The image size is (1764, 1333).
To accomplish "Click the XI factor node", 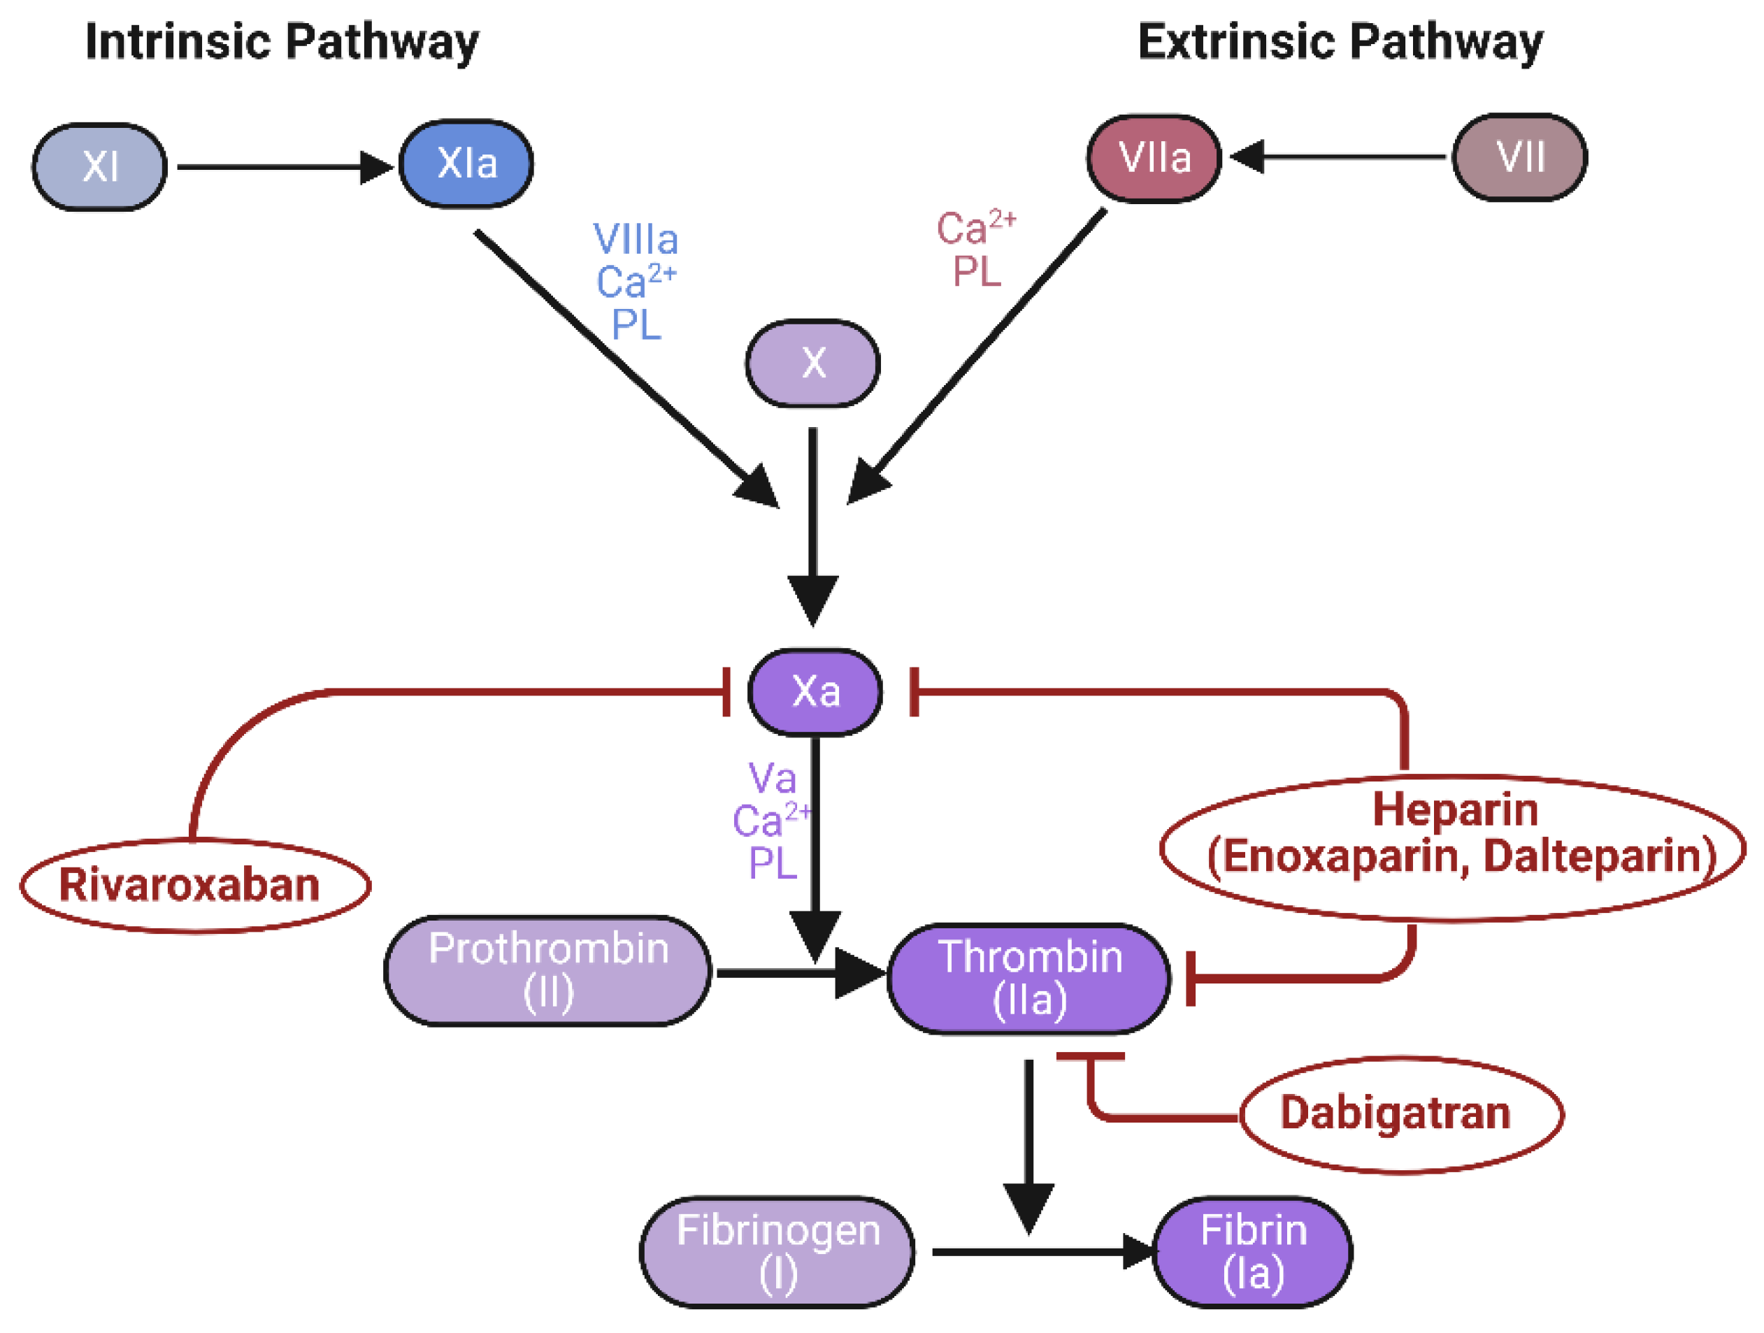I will (x=100, y=166).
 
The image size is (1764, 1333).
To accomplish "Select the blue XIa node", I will (x=466, y=164).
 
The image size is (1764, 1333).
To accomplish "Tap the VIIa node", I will (x=1154, y=158).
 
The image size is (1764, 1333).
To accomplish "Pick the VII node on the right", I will (x=1519, y=157).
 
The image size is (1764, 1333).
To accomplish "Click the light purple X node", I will (x=812, y=363).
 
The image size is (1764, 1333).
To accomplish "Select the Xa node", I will (x=815, y=691).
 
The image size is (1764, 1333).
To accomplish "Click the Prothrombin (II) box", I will (x=548, y=970).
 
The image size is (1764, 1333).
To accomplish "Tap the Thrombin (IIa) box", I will (x=1028, y=978).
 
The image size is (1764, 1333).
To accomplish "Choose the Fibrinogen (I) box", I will (x=777, y=1252).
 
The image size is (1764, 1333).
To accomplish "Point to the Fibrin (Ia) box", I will (x=1253, y=1252).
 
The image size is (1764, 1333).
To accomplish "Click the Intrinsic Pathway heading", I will (x=282, y=41).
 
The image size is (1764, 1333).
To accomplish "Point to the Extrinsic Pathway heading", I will (x=1340, y=41).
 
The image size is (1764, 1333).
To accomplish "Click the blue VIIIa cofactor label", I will (x=636, y=239).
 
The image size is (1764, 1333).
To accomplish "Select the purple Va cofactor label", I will (x=772, y=778).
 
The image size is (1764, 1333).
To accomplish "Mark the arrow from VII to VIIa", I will (x=1340, y=157).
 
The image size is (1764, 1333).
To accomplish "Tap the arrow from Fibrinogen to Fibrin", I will (x=1037, y=1252).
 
